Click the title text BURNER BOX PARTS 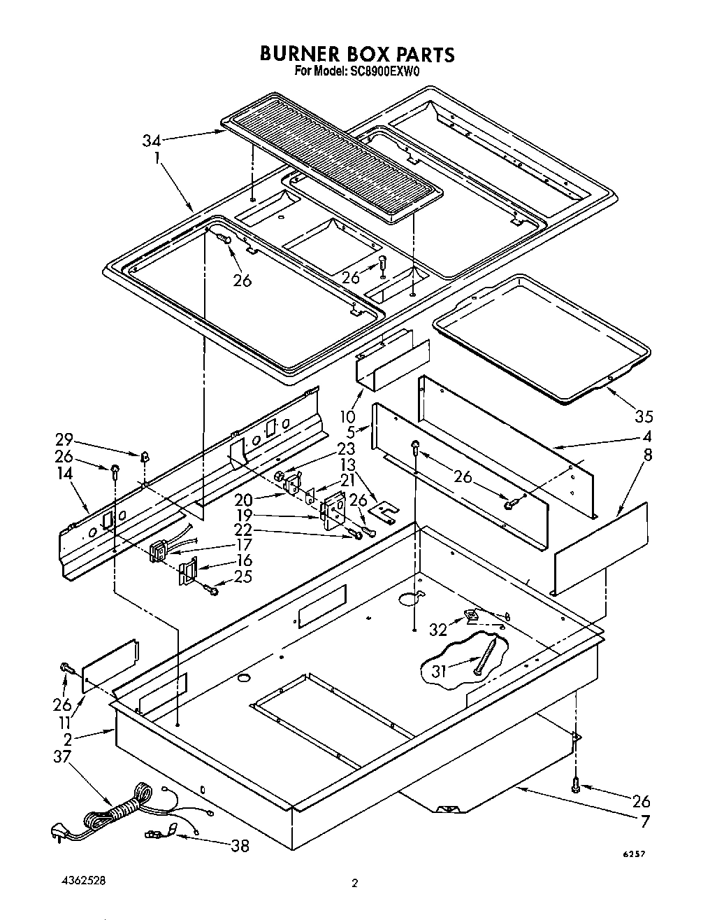pyautogui.click(x=357, y=54)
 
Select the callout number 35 pyautogui.click(x=644, y=416)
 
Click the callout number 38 pyautogui.click(x=240, y=846)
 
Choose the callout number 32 pyautogui.click(x=438, y=629)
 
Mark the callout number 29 pyautogui.click(x=64, y=439)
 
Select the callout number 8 pyautogui.click(x=647, y=455)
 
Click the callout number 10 pyautogui.click(x=347, y=416)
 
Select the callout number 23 pyautogui.click(x=345, y=449)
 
